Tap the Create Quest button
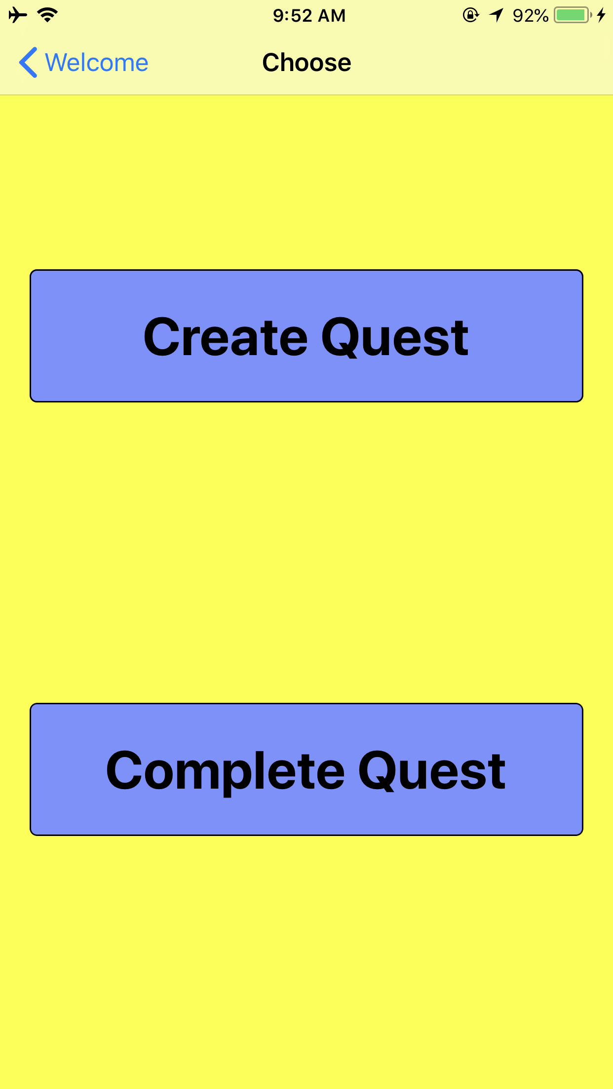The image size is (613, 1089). click(x=306, y=336)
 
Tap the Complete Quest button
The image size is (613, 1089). click(x=306, y=769)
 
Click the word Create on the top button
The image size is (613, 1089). click(x=226, y=338)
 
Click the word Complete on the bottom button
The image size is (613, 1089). click(x=225, y=771)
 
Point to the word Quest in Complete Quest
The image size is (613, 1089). click(x=432, y=771)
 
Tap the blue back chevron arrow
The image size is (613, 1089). click(x=28, y=63)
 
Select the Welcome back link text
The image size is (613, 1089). click(x=97, y=63)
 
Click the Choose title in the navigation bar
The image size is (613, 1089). click(x=306, y=63)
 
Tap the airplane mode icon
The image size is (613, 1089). click(x=18, y=15)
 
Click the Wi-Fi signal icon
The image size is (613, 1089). click(x=47, y=15)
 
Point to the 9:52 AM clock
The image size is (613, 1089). click(x=309, y=16)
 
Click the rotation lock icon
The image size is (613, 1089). click(x=470, y=15)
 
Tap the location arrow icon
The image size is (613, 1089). click(x=497, y=15)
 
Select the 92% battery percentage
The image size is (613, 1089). click(x=531, y=16)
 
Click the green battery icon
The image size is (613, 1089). click(x=572, y=15)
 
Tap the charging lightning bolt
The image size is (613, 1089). click(x=601, y=15)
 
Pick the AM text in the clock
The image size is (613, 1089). click(x=332, y=16)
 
